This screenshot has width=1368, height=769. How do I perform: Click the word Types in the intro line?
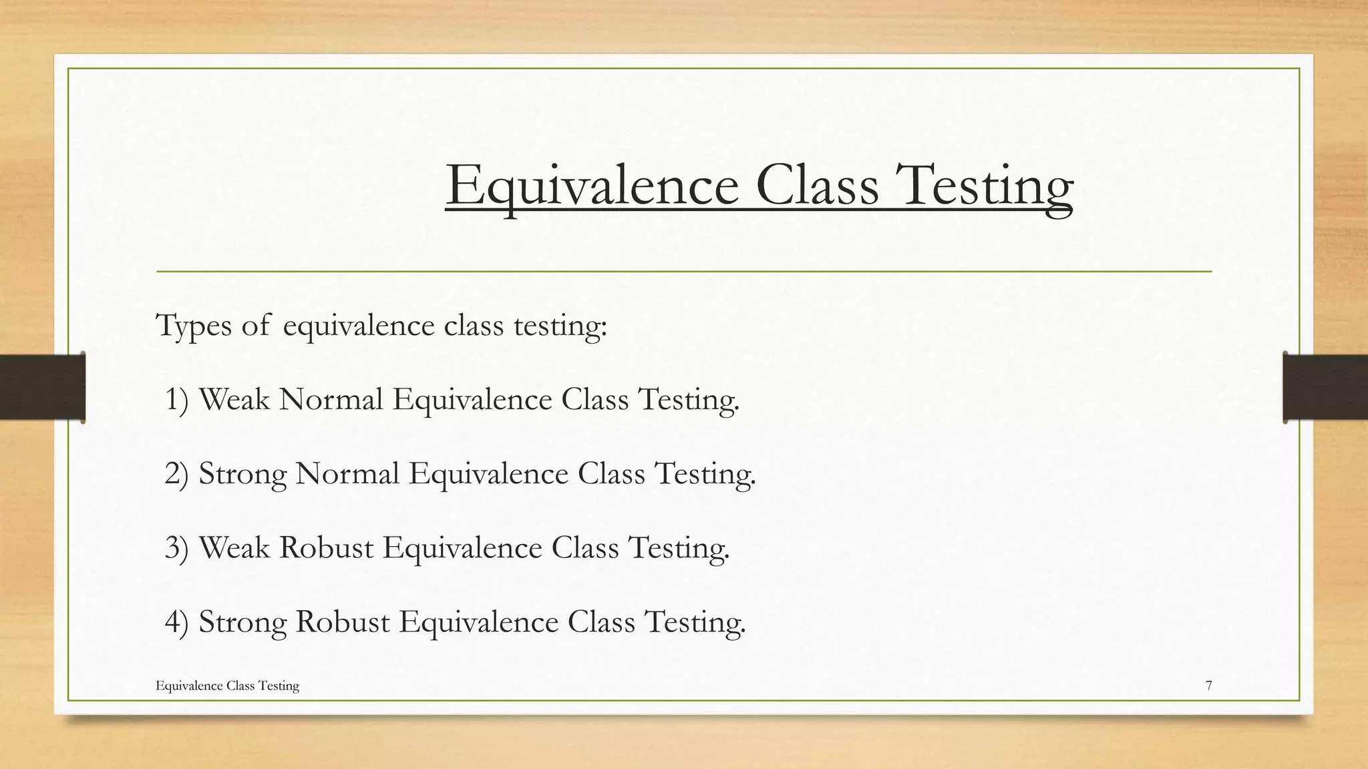click(x=194, y=326)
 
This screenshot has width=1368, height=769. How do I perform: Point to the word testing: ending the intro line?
click(x=560, y=326)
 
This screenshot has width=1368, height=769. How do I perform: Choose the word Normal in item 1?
click(x=331, y=400)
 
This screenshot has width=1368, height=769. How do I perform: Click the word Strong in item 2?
click(x=242, y=474)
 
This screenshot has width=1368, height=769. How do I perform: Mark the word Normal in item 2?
click(x=347, y=474)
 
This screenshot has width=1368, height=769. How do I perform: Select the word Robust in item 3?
click(x=326, y=548)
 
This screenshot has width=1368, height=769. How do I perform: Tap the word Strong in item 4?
click(x=242, y=622)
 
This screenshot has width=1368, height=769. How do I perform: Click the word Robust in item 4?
click(x=343, y=622)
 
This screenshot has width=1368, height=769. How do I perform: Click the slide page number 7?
click(x=1208, y=686)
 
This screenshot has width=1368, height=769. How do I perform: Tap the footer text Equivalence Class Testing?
click(x=227, y=686)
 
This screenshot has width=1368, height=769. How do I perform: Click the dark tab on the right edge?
click(x=1325, y=387)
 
